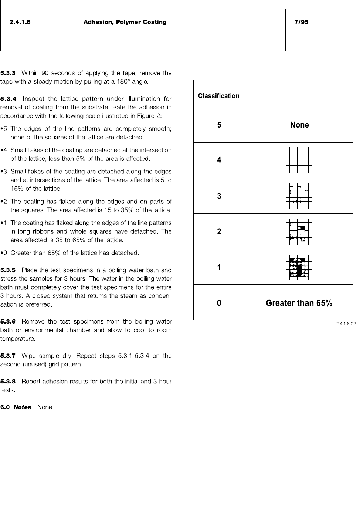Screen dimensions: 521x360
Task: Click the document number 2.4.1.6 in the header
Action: [20, 22]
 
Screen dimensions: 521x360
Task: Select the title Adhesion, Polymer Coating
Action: [125, 22]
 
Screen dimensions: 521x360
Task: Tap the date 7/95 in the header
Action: [301, 22]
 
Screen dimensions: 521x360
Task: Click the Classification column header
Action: [219, 96]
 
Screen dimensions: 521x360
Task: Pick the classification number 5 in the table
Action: [219, 125]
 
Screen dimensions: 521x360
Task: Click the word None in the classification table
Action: [299, 125]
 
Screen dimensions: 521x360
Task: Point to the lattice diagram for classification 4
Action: [299, 160]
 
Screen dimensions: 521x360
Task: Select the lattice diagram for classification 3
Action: [299, 196]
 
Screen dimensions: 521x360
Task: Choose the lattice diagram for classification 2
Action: [299, 231]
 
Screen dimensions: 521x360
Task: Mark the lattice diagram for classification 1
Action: [299, 267]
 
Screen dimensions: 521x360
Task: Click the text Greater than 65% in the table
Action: [299, 303]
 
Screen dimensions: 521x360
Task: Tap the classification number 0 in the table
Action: [219, 303]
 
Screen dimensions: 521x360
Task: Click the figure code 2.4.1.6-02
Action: [346, 324]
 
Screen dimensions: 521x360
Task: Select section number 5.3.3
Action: [8, 73]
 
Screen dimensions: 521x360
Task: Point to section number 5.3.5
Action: [8, 270]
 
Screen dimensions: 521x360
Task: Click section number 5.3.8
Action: [8, 382]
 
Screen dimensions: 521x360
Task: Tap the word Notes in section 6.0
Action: [22, 407]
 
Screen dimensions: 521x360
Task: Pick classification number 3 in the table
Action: [219, 196]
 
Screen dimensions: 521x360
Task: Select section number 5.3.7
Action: [8, 356]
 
